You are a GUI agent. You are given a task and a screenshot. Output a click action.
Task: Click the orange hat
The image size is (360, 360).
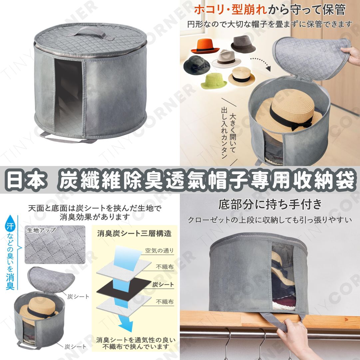pyautogui.click(x=204, y=46)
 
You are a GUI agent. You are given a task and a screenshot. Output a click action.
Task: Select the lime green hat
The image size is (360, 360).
pyautogui.click(x=213, y=81)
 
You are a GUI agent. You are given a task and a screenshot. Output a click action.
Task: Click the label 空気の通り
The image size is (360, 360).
pyautogui.click(x=159, y=250)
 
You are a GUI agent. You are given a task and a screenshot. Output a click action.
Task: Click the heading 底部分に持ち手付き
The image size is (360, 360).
pyautogui.click(x=270, y=204)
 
